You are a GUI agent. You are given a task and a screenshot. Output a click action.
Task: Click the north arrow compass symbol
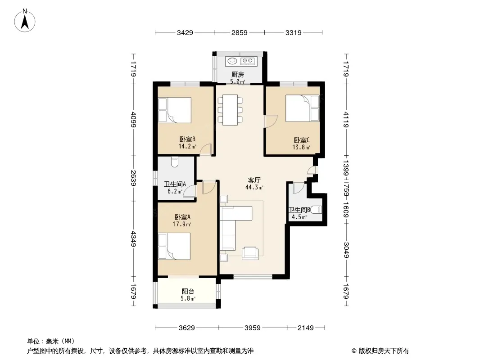pos(25,21)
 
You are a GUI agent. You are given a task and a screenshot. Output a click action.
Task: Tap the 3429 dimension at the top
pos(185,32)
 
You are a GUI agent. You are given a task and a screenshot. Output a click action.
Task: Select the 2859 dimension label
pos(240,32)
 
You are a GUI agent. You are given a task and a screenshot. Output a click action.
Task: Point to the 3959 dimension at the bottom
pos(253,328)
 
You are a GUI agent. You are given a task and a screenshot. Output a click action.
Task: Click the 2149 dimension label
pos(305,328)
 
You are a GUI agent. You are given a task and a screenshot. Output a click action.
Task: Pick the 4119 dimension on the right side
pos(346,120)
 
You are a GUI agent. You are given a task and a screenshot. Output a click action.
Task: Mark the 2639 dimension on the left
pos(133,178)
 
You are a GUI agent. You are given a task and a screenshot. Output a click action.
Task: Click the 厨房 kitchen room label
pos(238,74)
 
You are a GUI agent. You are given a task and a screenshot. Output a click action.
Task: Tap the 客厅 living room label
pos(254,180)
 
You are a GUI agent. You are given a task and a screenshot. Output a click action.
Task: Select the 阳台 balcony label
pos(188,292)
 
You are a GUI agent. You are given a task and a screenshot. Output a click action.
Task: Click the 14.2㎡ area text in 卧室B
pos(187,147)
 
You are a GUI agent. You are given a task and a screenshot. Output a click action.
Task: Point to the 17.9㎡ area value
pos(182,224)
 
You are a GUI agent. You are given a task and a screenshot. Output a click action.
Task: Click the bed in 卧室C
pos(303,108)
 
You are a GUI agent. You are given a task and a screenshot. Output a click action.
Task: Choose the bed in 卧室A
pos(174,246)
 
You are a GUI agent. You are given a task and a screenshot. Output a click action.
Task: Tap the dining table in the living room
pos(230,110)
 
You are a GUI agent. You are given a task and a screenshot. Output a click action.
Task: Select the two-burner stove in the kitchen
pos(248,61)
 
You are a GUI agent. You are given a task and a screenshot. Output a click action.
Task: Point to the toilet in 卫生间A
pos(175,162)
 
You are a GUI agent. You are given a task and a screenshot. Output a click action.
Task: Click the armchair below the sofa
pos(250,253)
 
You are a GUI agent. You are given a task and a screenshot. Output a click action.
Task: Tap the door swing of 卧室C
pos(271,121)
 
